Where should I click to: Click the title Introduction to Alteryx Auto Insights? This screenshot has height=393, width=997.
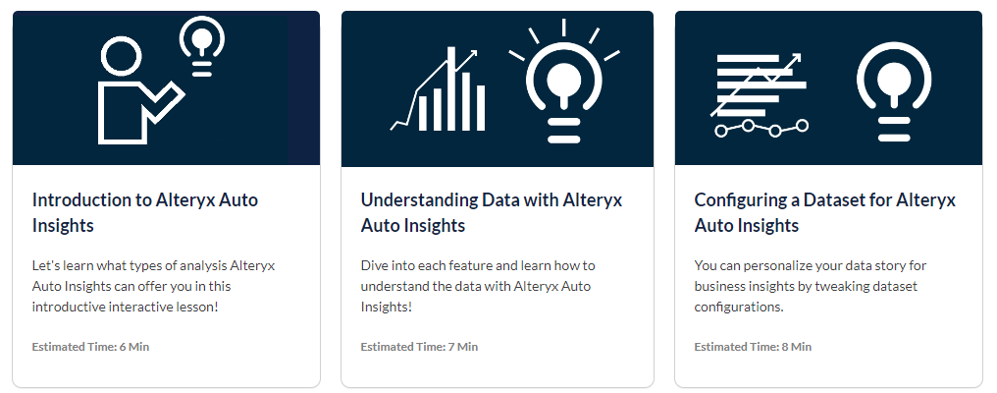click(x=145, y=212)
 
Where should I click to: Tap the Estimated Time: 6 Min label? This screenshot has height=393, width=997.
click(x=90, y=347)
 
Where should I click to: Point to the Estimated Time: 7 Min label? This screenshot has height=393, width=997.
click(x=419, y=347)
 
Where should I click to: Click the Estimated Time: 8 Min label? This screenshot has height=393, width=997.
click(x=753, y=347)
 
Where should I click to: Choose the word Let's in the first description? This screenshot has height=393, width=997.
click(x=47, y=265)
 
